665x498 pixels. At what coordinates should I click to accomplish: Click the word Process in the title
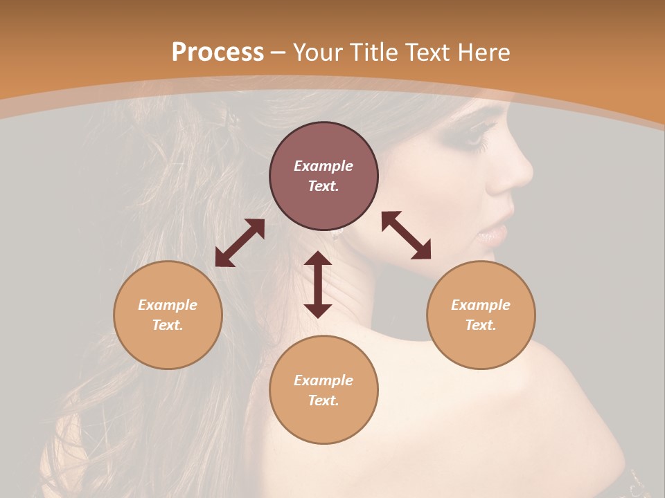point(218,53)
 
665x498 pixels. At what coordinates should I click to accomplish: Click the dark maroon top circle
point(323,176)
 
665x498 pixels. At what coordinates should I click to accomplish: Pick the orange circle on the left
point(168,315)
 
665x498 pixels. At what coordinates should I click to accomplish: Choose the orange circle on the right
point(481,315)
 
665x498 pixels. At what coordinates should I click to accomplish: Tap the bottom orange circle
point(323,390)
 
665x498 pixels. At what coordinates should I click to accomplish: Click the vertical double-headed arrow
point(318,284)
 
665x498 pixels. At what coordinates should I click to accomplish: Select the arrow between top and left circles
point(240,243)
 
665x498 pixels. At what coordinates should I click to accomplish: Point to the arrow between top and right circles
point(407,235)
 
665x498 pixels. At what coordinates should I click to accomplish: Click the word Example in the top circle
point(323,166)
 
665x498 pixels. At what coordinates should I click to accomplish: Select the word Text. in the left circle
point(168,325)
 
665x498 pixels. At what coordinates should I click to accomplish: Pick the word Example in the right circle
point(481,305)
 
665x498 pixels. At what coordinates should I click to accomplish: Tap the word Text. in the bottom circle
point(323,400)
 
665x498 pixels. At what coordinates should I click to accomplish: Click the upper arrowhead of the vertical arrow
point(318,260)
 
